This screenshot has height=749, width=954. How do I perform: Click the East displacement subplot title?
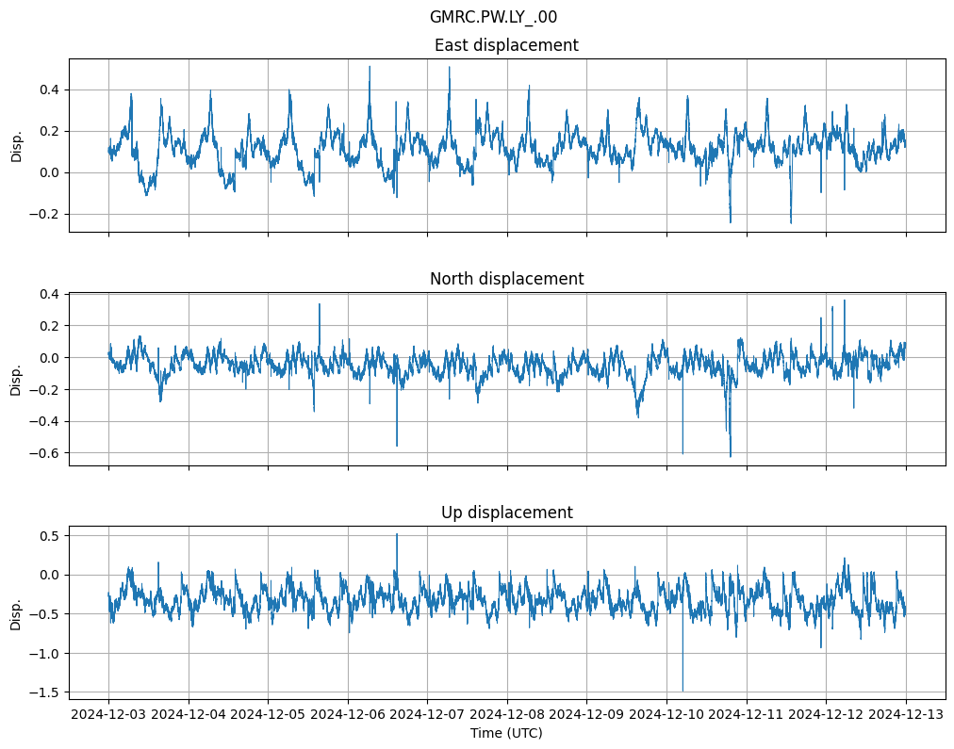click(x=506, y=45)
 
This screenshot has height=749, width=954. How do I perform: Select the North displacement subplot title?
click(x=506, y=279)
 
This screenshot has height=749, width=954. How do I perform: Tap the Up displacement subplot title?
click(x=506, y=513)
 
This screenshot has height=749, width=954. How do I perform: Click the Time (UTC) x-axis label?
click(x=506, y=733)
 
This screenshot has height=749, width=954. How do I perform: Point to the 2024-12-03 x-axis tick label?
click(x=108, y=714)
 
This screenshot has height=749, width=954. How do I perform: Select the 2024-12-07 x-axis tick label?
click(x=427, y=714)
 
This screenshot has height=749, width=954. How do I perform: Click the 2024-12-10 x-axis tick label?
click(x=666, y=714)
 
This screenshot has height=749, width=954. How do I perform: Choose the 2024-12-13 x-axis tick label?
click(x=906, y=714)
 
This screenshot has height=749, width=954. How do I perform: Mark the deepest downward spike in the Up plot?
click(x=683, y=690)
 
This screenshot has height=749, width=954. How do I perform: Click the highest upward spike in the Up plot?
click(x=397, y=534)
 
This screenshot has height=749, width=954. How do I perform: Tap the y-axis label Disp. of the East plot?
click(x=16, y=145)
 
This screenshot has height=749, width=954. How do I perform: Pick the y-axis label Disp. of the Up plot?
click(x=16, y=612)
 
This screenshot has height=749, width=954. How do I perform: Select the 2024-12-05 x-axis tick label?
click(x=268, y=714)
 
